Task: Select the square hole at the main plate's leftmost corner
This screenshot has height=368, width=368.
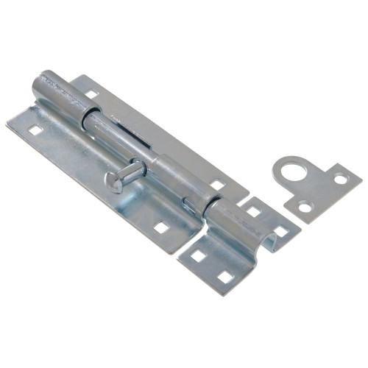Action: click(35, 130)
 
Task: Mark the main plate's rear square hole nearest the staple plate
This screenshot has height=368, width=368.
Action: click(217, 185)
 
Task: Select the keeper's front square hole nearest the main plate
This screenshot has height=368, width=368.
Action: click(197, 256)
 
